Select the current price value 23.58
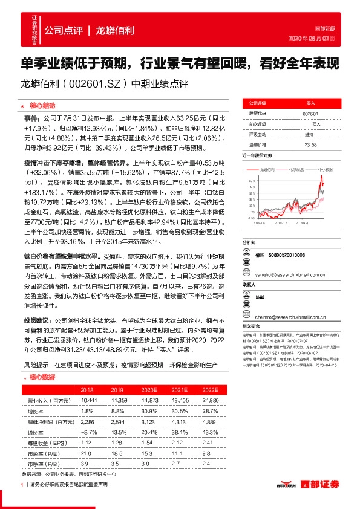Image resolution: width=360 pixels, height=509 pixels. (311, 144)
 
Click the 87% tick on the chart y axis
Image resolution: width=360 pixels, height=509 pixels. (252, 180)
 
